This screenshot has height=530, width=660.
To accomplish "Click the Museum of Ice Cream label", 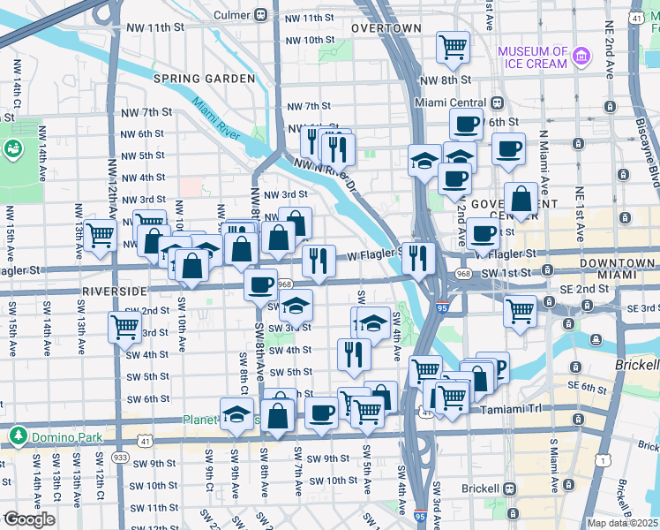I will [533, 57].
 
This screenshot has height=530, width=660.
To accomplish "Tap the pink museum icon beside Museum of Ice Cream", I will [581, 57].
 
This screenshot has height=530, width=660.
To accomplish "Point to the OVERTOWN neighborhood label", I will [386, 28].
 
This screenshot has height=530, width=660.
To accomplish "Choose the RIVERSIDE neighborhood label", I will [113, 291].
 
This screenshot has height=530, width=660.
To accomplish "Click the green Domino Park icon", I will [17, 435].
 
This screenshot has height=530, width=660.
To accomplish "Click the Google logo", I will [28, 519].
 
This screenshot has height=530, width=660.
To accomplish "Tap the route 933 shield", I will [119, 457].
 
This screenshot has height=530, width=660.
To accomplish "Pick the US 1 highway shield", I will [602, 459].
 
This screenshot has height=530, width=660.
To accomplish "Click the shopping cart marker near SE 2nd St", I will [521, 310].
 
